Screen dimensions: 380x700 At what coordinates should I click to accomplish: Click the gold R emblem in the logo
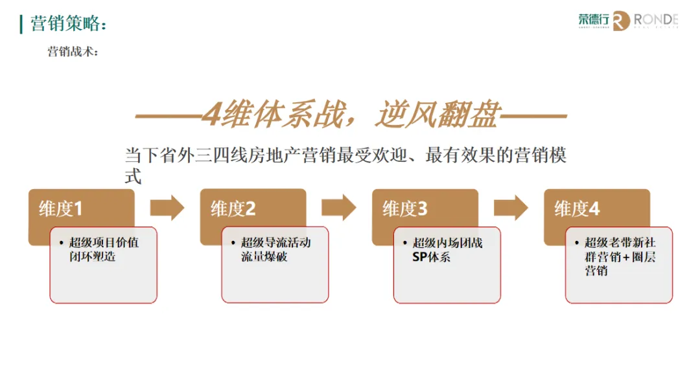[621, 21]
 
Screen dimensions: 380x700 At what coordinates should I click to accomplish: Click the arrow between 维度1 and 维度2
[167, 208]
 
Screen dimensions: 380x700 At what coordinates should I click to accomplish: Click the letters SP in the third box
[420, 257]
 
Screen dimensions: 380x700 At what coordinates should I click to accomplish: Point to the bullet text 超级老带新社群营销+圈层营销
[620, 256]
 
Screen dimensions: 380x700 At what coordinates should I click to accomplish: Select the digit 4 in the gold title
[211, 116]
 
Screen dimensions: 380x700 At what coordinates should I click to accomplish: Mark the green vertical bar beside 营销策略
[21, 24]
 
